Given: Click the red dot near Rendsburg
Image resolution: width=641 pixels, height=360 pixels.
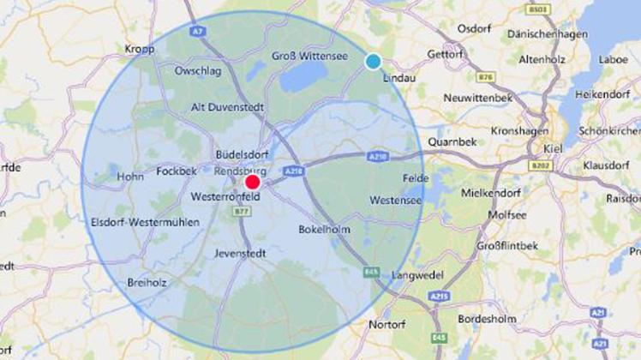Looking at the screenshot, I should [x=252, y=182].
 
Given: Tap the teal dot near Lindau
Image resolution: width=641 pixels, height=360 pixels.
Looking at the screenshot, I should [x=373, y=62].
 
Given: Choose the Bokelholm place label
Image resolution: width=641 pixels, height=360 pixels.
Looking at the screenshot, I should [x=325, y=230].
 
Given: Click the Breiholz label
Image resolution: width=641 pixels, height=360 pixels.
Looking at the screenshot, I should [x=147, y=281].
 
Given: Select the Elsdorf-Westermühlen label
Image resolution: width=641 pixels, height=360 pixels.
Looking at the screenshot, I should [x=145, y=222].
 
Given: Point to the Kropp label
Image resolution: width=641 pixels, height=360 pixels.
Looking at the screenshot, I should [x=139, y=49].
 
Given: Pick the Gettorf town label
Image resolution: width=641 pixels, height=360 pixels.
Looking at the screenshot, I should [x=444, y=53].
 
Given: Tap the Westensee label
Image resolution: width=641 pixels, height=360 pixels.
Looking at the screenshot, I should [x=395, y=200].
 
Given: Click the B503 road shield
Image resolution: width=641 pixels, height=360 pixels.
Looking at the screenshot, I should [x=538, y=9].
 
